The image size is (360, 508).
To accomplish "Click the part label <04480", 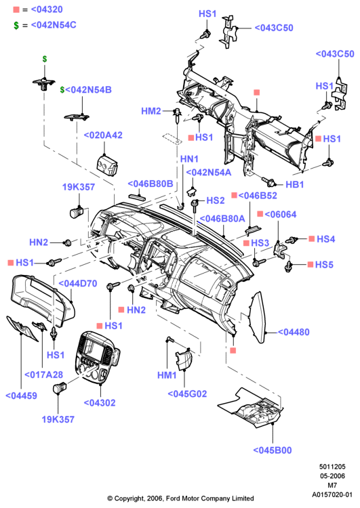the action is (294, 332).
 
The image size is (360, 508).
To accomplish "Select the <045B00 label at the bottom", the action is (273, 450).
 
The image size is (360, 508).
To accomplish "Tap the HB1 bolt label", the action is (294, 185).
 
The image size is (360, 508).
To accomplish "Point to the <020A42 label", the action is (103, 135).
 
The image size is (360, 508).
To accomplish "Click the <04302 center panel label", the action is (100, 403).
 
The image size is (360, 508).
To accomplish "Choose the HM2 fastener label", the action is (151, 111).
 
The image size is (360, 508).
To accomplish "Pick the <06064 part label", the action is (281, 215).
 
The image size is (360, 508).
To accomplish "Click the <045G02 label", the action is (187, 394).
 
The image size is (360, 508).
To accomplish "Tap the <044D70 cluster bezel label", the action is (78, 284).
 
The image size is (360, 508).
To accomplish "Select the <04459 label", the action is (22, 396).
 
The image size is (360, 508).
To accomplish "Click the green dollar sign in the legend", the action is (16, 25).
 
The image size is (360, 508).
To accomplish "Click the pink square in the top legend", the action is (16, 9).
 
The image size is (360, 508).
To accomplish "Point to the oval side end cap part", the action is (258, 317).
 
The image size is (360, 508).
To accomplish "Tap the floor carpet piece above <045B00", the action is (252, 408).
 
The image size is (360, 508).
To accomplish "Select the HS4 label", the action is (326, 239).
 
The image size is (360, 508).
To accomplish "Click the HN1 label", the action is (189, 159).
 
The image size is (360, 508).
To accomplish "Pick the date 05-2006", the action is (332, 476).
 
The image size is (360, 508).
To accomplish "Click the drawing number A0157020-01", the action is (332, 494).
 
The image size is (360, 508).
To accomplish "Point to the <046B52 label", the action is (258, 196).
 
